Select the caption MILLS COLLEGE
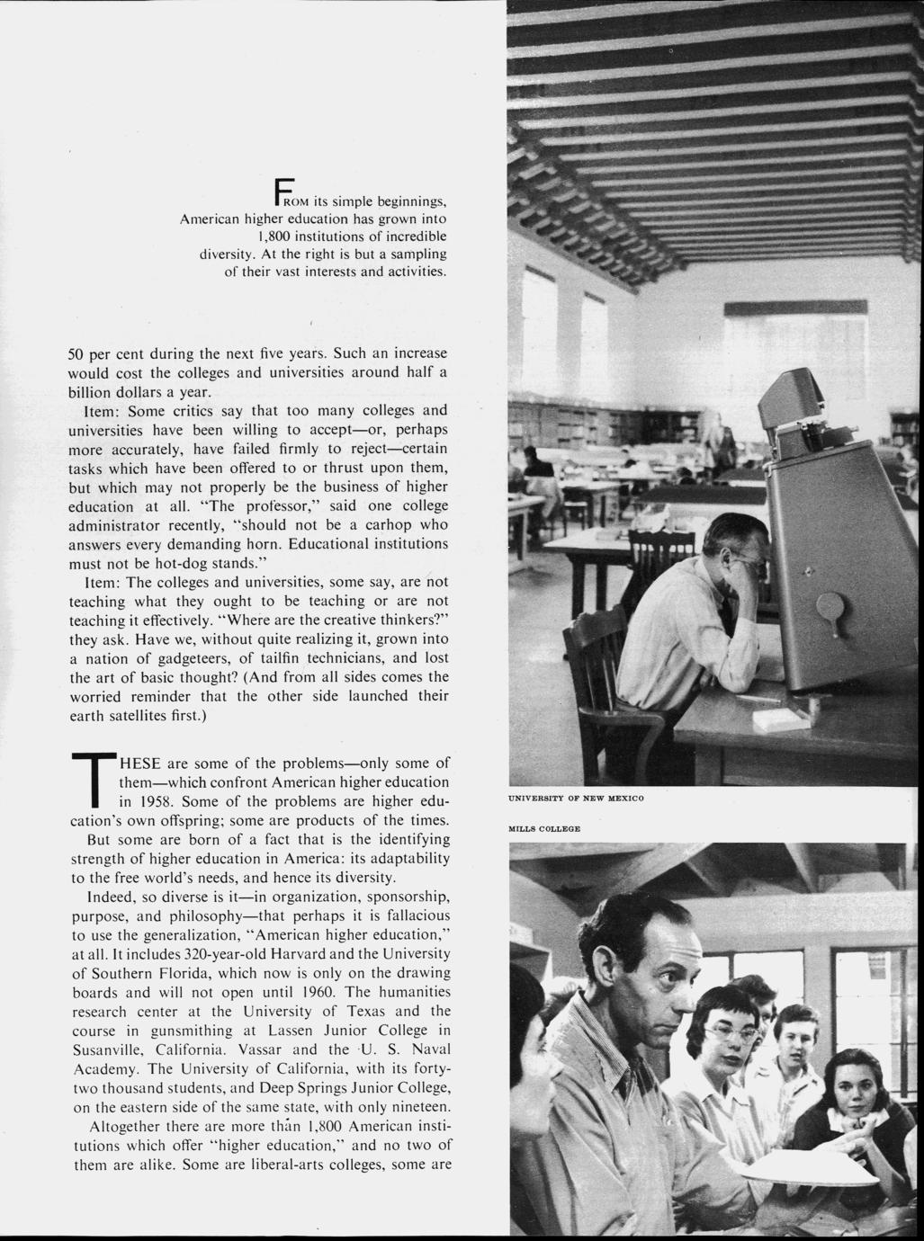pyautogui.click(x=543, y=828)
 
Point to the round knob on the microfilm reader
pyautogui.click(x=826, y=605)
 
